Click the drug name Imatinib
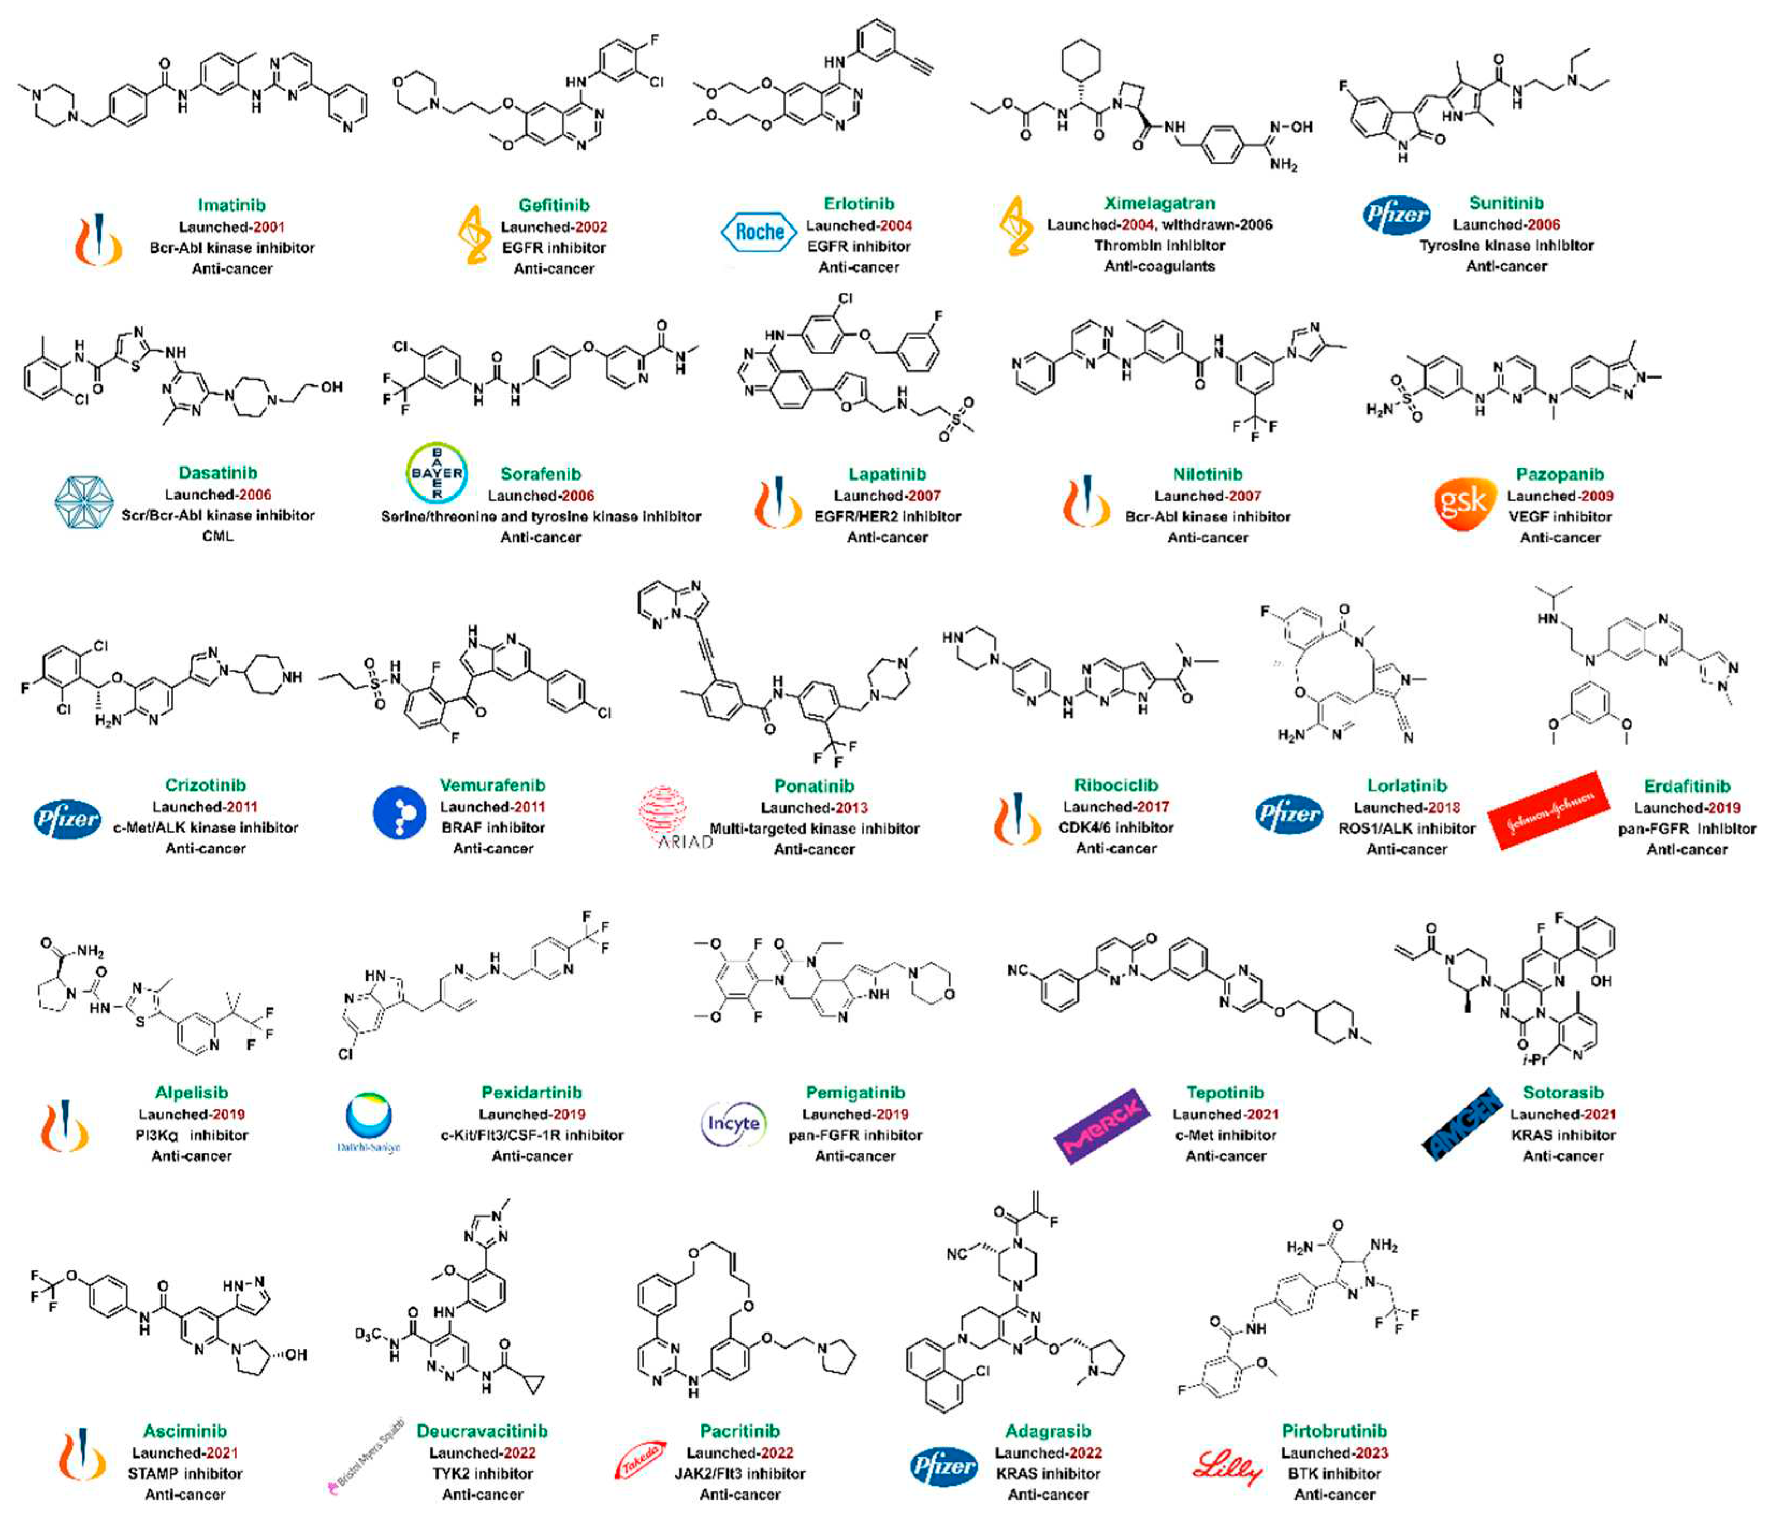point(231,205)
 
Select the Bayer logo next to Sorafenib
point(437,472)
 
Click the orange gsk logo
point(1461,503)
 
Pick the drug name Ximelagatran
point(1160,203)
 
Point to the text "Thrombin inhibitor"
point(1160,246)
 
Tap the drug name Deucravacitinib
point(482,1431)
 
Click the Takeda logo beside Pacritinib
point(641,1460)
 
